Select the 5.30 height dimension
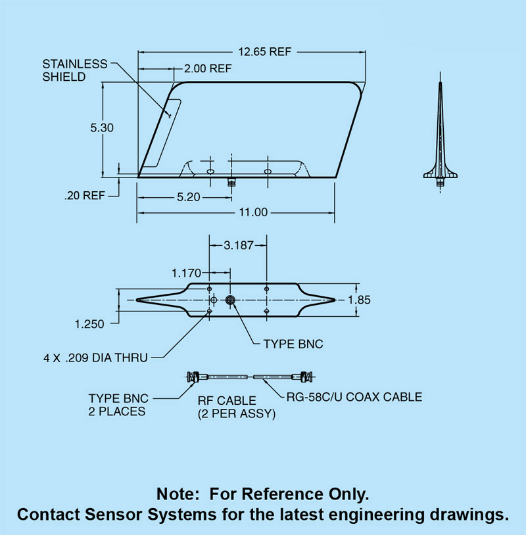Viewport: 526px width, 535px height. pos(102,128)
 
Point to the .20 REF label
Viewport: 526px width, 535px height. pos(85,196)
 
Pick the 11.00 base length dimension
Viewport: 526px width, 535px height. pos(252,212)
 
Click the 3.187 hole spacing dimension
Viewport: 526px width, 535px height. pos(237,246)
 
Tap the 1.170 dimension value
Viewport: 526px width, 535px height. pos(187,271)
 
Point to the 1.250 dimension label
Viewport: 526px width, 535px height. pos(91,323)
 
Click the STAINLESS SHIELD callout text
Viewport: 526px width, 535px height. pos(74,70)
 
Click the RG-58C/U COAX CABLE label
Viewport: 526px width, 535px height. pos(354,397)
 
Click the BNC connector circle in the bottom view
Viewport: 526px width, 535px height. pos(231,300)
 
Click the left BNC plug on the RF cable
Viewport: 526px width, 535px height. pos(192,377)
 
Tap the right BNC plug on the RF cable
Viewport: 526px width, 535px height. pos(306,377)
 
